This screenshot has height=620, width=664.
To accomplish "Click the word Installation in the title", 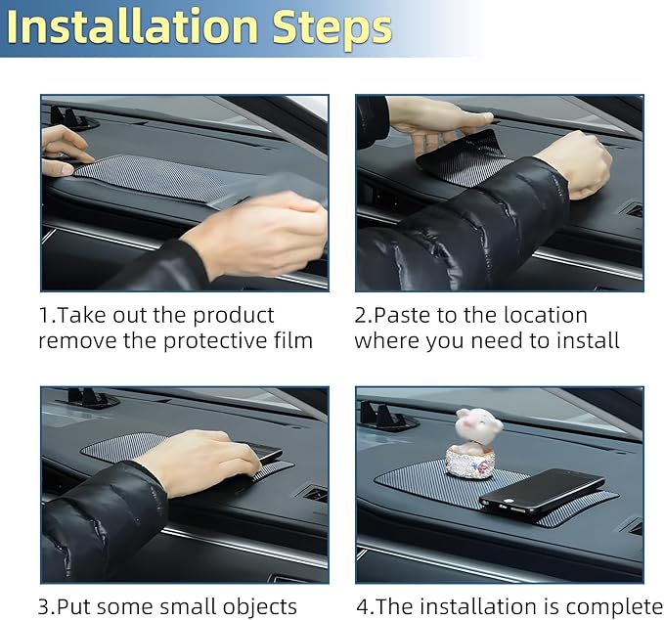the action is coord(132,26).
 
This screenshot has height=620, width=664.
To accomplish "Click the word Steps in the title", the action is coord(332,28).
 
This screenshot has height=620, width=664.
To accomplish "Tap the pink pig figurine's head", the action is coord(479,425).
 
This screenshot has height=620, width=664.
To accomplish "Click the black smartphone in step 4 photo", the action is coord(543,492).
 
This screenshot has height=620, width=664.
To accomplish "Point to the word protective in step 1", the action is coord(216,341).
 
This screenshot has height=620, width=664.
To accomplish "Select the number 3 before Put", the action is coord(44,607).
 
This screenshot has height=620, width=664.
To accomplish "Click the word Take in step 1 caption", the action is coord(80,316).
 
